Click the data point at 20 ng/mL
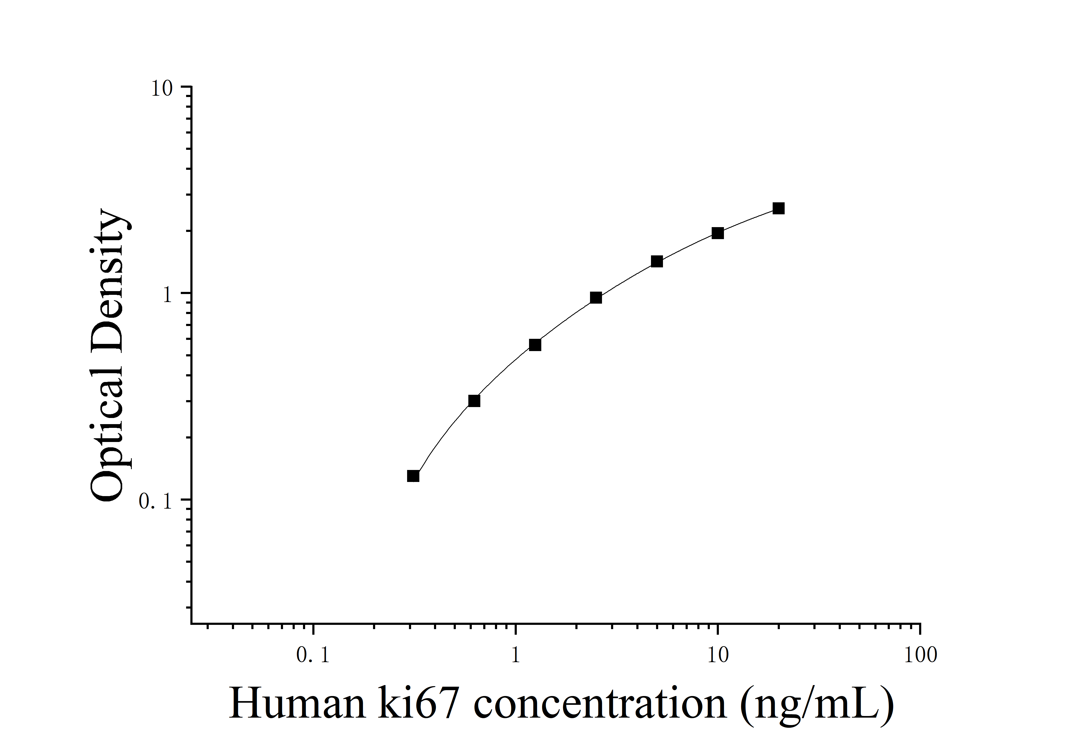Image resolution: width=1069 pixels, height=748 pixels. point(779,208)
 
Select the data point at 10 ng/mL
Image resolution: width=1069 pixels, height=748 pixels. point(718,233)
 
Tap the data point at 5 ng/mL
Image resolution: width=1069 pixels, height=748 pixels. point(657,262)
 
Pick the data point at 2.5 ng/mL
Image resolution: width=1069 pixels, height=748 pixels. point(596,298)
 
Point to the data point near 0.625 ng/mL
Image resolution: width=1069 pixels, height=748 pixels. point(474,401)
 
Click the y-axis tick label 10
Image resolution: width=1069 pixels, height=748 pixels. point(162,89)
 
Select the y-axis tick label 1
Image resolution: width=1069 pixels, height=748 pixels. point(168,295)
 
